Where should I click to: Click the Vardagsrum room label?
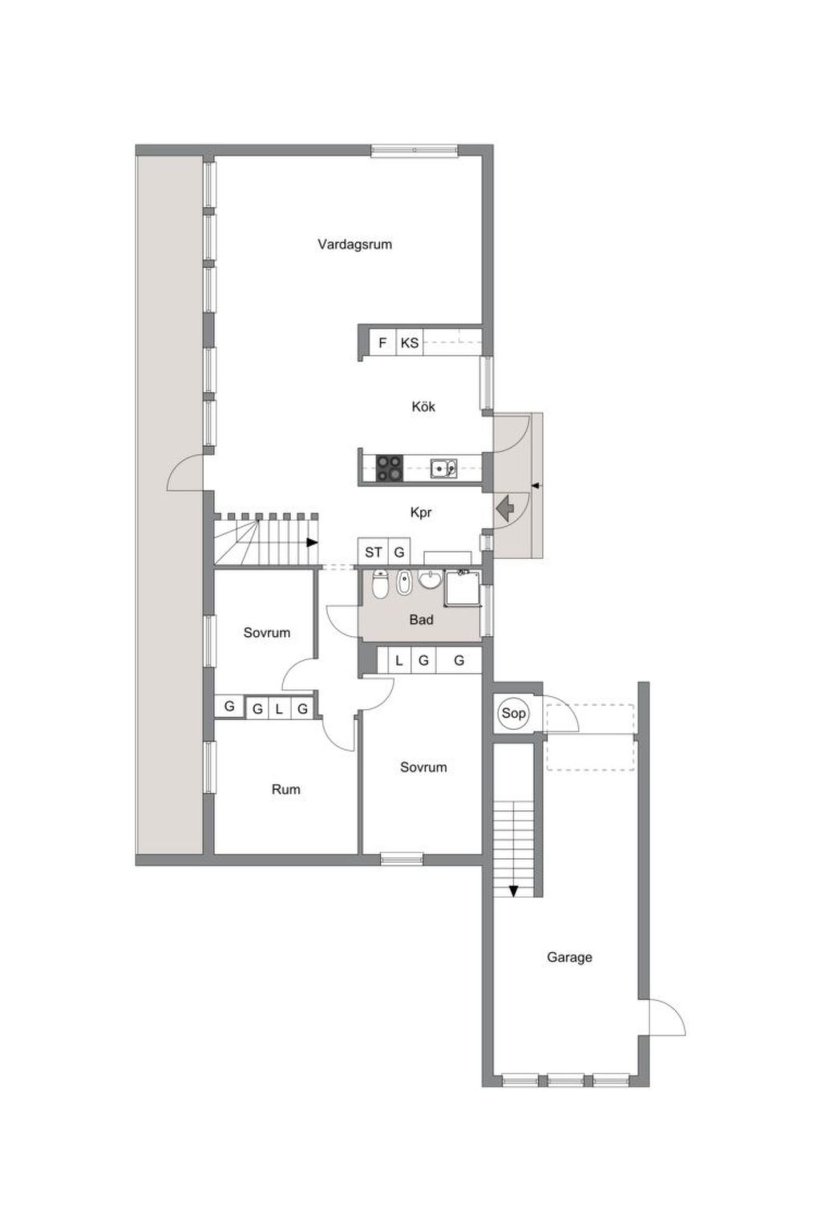pos(354,244)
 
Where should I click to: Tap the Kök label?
pos(423,407)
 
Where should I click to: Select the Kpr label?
pos(421,513)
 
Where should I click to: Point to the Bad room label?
pos(421,620)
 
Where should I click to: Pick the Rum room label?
pos(286,790)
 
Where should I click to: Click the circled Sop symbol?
pos(514,713)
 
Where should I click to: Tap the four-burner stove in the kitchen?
pos(390,468)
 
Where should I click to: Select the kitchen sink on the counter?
pos(443,468)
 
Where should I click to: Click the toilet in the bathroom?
pos(380,584)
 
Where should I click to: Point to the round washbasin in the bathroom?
pos(431,578)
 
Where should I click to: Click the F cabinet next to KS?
pos(382,343)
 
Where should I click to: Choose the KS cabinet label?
pos(410,343)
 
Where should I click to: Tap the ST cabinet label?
pos(374,552)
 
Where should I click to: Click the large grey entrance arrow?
pos(505,508)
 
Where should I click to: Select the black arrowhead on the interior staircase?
pos(312,543)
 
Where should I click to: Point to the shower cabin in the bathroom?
pos(463,588)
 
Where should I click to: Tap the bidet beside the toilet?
pos(404,583)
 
